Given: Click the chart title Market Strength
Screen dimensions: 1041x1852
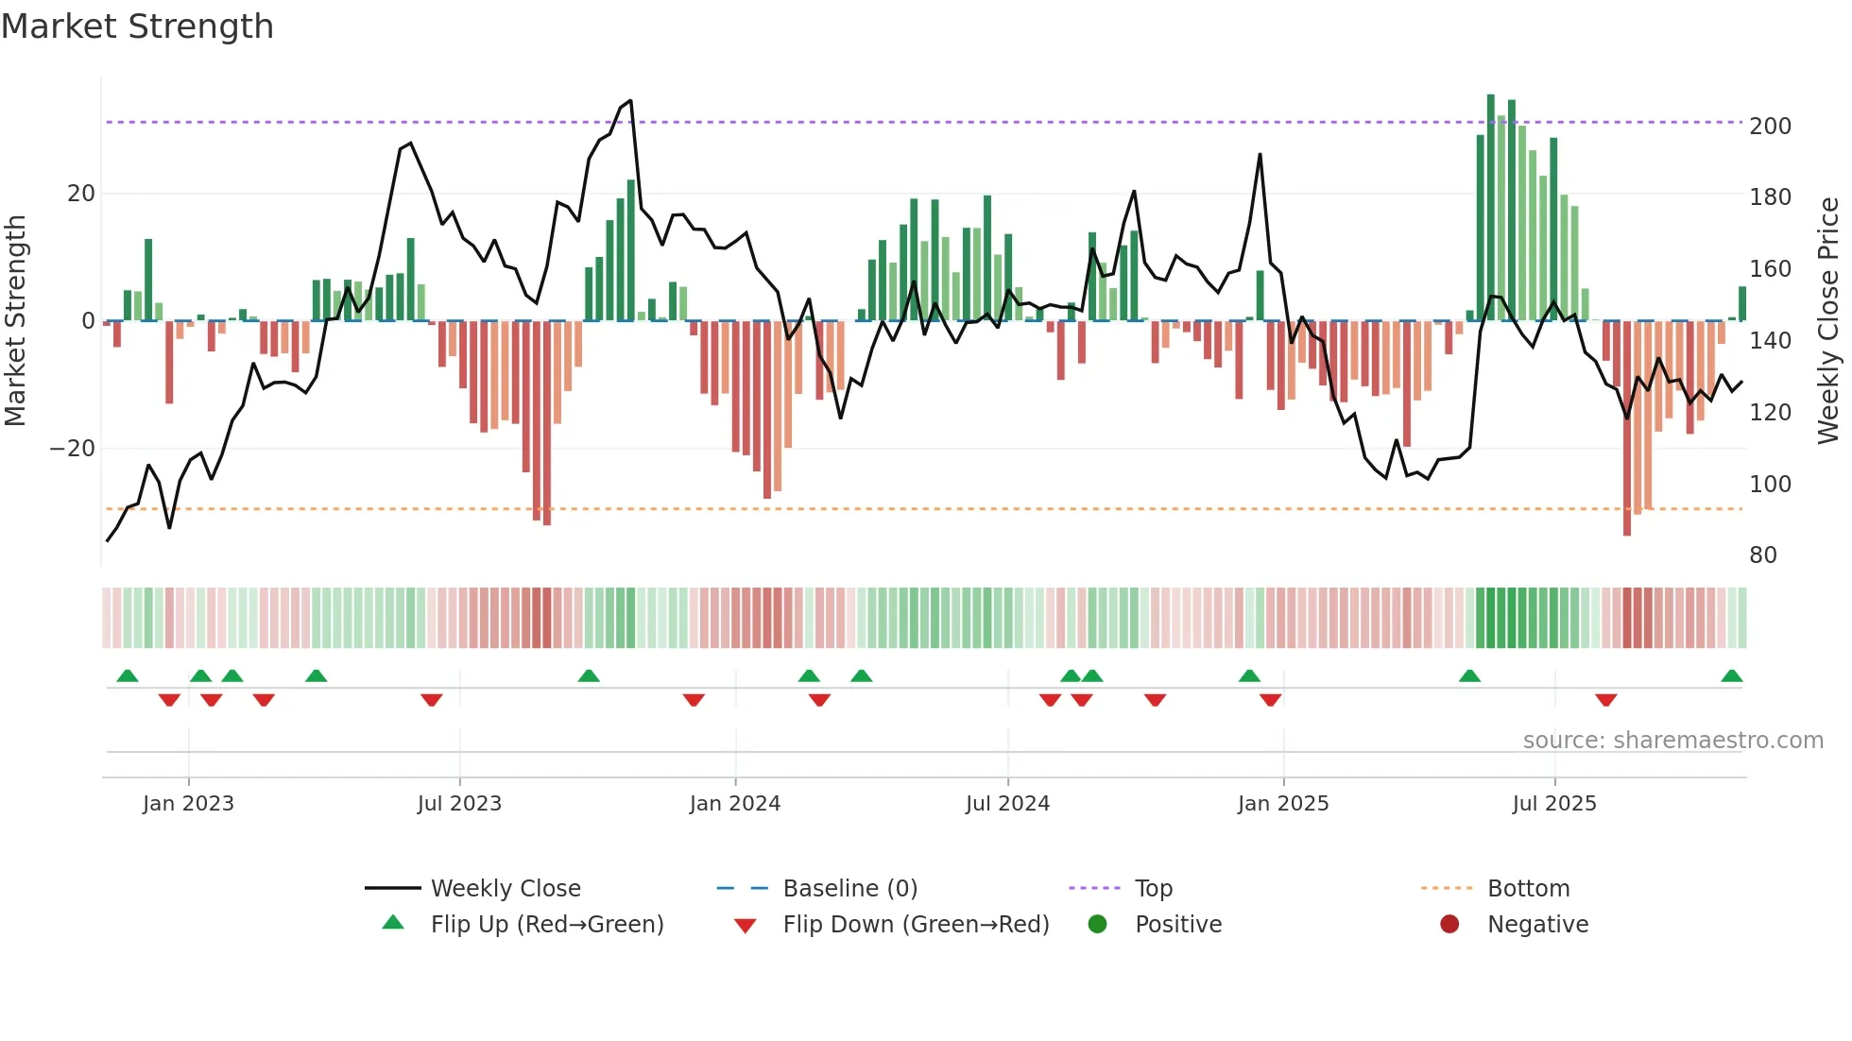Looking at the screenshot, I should (x=138, y=26).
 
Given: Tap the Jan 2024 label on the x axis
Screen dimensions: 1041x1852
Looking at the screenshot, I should (x=734, y=804).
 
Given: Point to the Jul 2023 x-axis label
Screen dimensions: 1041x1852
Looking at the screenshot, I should (x=459, y=804).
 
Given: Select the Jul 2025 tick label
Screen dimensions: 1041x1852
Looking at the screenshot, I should (x=1553, y=804).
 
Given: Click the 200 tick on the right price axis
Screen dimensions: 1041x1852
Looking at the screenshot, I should (x=1770, y=127).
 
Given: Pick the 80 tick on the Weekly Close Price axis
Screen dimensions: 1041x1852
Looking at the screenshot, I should (x=1763, y=555).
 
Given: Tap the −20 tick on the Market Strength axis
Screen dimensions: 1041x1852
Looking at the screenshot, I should (x=73, y=449).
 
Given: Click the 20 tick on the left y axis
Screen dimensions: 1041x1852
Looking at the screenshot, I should (x=81, y=194).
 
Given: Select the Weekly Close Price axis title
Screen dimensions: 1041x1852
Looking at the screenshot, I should (x=1829, y=321).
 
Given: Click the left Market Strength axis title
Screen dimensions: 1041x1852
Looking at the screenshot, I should (x=16, y=321).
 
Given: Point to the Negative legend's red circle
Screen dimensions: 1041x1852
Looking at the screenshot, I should (x=1449, y=924).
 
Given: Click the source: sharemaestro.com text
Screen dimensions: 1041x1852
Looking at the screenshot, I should (x=1672, y=741).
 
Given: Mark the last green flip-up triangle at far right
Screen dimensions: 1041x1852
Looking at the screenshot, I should (x=1731, y=676).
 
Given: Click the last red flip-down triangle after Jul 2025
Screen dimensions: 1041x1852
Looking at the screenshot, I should (x=1605, y=700).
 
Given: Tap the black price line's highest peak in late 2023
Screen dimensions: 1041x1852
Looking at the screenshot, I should (x=630, y=100).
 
